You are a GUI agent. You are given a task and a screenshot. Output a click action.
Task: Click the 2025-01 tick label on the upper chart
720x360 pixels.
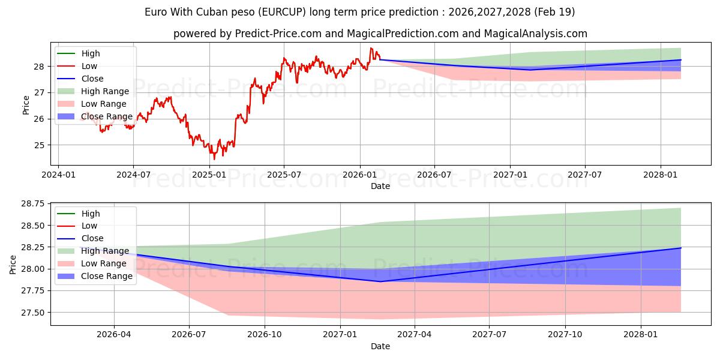coord(209,175)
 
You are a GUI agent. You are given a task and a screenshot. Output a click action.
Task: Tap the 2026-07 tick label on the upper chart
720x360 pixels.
coord(434,175)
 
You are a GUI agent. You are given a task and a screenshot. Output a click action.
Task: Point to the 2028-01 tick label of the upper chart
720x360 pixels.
coord(660,175)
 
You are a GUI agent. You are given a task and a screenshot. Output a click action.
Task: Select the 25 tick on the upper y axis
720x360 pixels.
coord(39,145)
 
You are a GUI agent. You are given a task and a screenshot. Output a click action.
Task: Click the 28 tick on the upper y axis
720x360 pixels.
coord(39,67)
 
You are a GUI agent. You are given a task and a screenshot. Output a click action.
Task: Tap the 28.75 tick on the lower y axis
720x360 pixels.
coord(33,204)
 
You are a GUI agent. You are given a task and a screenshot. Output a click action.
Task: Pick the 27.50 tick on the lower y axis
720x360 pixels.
coord(33,313)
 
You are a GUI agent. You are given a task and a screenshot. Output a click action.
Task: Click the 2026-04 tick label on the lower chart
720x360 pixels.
coord(114,335)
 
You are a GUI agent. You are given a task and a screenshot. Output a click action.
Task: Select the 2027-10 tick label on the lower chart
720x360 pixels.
coord(565,335)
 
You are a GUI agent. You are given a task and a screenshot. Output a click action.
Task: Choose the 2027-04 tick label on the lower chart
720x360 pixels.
coord(415,335)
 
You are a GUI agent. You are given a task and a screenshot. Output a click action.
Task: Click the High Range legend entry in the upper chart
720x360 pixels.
coord(93,91)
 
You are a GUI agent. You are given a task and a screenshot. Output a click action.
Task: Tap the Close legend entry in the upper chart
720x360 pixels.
coord(80,79)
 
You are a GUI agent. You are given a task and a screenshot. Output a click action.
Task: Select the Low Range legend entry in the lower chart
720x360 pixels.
coord(92,263)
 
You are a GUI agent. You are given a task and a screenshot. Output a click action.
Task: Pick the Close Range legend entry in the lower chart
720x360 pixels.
coord(95,276)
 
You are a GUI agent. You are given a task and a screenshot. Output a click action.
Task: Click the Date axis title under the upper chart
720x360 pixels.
coord(380,186)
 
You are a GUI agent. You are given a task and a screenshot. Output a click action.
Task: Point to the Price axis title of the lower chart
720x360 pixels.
coord(13,265)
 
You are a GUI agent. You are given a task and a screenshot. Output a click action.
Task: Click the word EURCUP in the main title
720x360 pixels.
coord(283,12)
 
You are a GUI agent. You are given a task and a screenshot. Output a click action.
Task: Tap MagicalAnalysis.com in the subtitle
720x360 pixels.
coord(535,34)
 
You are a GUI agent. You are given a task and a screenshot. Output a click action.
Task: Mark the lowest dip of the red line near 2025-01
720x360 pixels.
coord(214,159)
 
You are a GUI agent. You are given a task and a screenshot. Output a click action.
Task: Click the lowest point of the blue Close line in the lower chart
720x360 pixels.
coord(380,281)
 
